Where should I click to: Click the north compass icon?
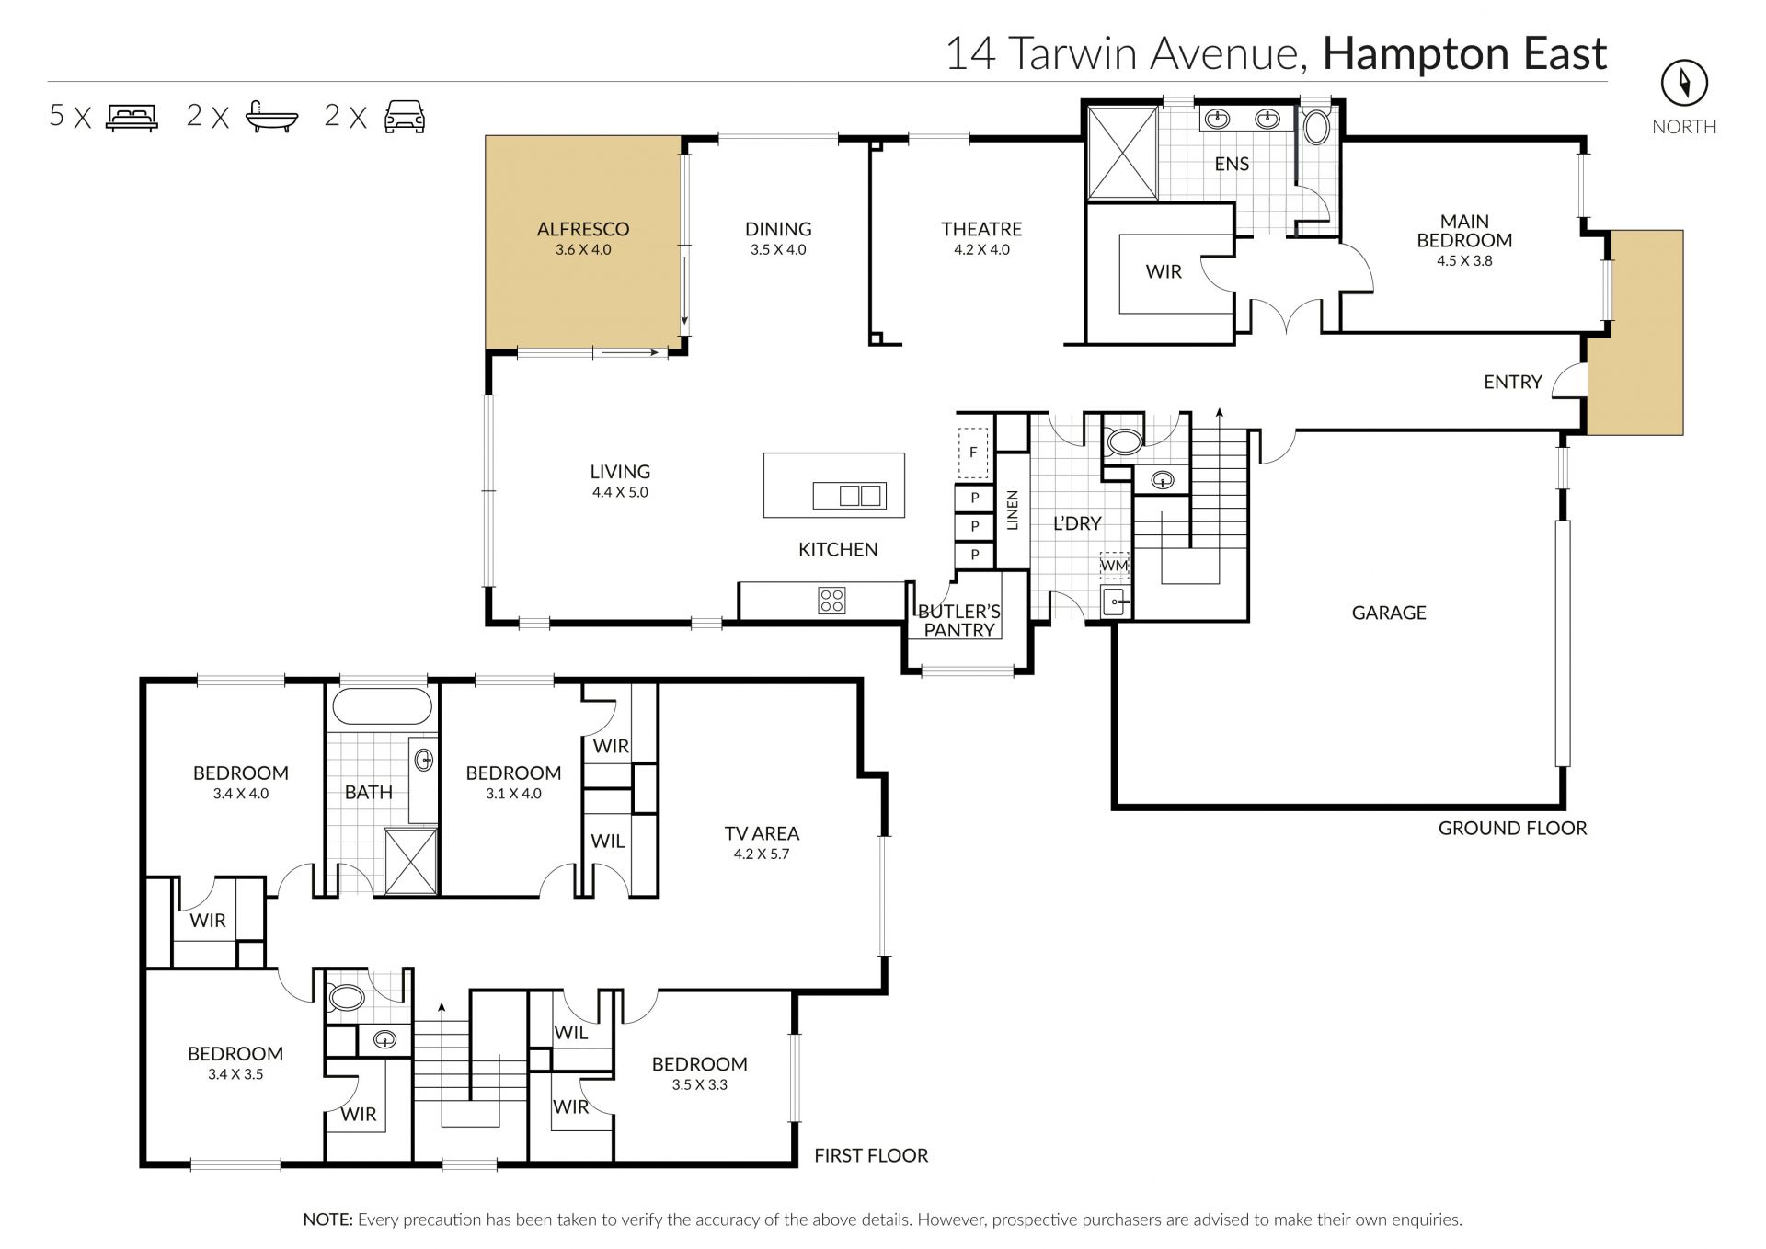pyautogui.click(x=1683, y=84)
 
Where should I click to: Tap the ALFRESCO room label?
pyautogui.click(x=583, y=229)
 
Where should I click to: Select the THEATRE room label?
pyautogui.click(x=981, y=229)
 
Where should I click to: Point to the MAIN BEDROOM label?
pyautogui.click(x=1464, y=231)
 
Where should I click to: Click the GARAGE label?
pyautogui.click(x=1389, y=613)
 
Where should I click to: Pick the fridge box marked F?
pyautogui.click(x=973, y=453)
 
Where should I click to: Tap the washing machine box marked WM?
pyautogui.click(x=1114, y=565)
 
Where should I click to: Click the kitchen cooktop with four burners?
pyautogui.click(x=831, y=601)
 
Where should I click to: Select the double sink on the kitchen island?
pyautogui.click(x=849, y=496)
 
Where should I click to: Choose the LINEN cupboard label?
pyautogui.click(x=1013, y=510)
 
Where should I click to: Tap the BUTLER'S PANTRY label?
pyautogui.click(x=959, y=621)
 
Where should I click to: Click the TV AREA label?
pyautogui.click(x=762, y=833)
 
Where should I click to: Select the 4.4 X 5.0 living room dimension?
pyautogui.click(x=620, y=492)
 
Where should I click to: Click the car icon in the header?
pyautogui.click(x=405, y=117)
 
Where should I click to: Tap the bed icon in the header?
pyautogui.click(x=132, y=117)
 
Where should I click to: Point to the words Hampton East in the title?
pyautogui.click(x=1464, y=54)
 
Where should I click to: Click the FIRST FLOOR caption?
pyautogui.click(x=871, y=1155)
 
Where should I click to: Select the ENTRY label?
pyautogui.click(x=1512, y=382)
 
